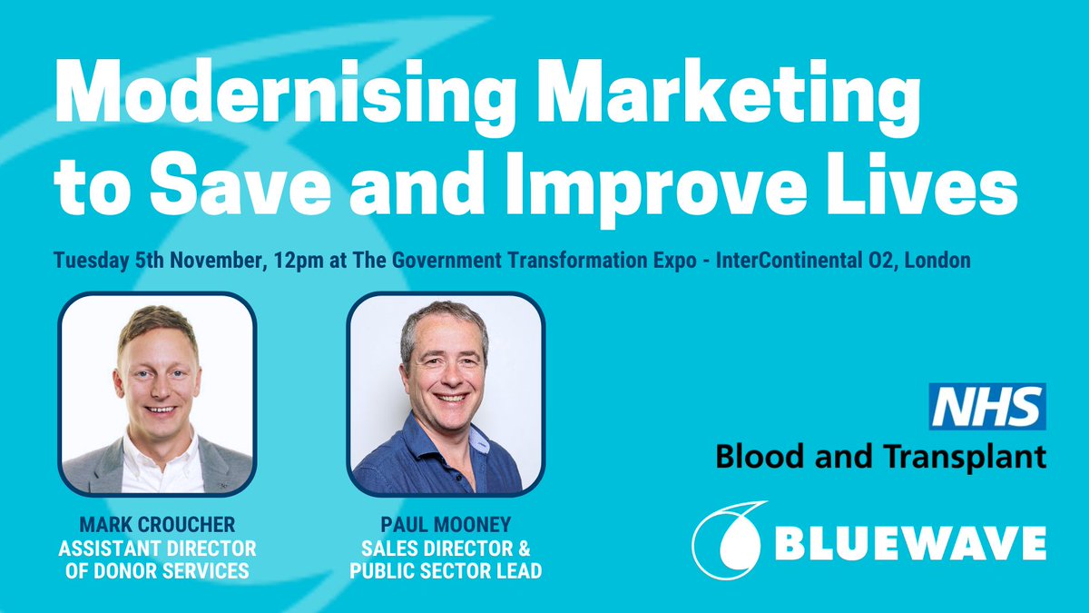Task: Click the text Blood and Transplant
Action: tap(880, 454)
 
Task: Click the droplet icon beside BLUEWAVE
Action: tap(729, 543)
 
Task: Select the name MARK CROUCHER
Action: tap(158, 526)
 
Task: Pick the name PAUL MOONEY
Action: tap(446, 526)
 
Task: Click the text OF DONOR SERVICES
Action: tap(158, 570)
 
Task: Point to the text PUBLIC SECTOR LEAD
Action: tap(446, 570)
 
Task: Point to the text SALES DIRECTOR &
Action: tap(446, 549)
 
